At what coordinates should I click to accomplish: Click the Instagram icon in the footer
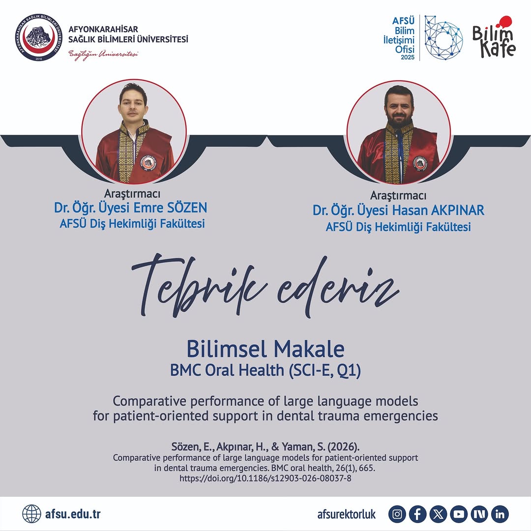[x=397, y=514]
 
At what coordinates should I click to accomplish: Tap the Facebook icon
[x=418, y=514]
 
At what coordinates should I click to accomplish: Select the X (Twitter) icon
[x=439, y=514]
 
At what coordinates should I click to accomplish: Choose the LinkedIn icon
[x=500, y=514]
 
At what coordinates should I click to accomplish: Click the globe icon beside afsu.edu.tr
[x=31, y=514]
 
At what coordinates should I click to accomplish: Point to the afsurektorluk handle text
[x=347, y=514]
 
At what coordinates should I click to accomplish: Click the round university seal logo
[x=38, y=38]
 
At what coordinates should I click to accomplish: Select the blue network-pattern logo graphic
[x=443, y=37]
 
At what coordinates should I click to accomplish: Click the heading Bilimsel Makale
[x=265, y=349]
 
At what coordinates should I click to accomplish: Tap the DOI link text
[x=265, y=477]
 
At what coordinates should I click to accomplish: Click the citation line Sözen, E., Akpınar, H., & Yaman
[x=265, y=447]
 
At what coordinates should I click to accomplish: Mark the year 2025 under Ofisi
[x=408, y=58]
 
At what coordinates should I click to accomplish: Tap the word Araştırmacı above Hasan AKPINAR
[x=398, y=196]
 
